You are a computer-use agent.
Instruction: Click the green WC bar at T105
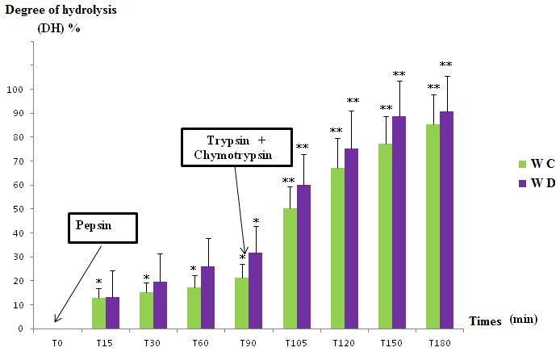[290, 269]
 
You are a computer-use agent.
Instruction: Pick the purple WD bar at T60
[207, 297]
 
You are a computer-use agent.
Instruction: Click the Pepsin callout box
[102, 228]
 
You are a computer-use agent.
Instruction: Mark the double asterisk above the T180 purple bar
[445, 65]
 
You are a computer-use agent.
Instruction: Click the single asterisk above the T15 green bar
[98, 282]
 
